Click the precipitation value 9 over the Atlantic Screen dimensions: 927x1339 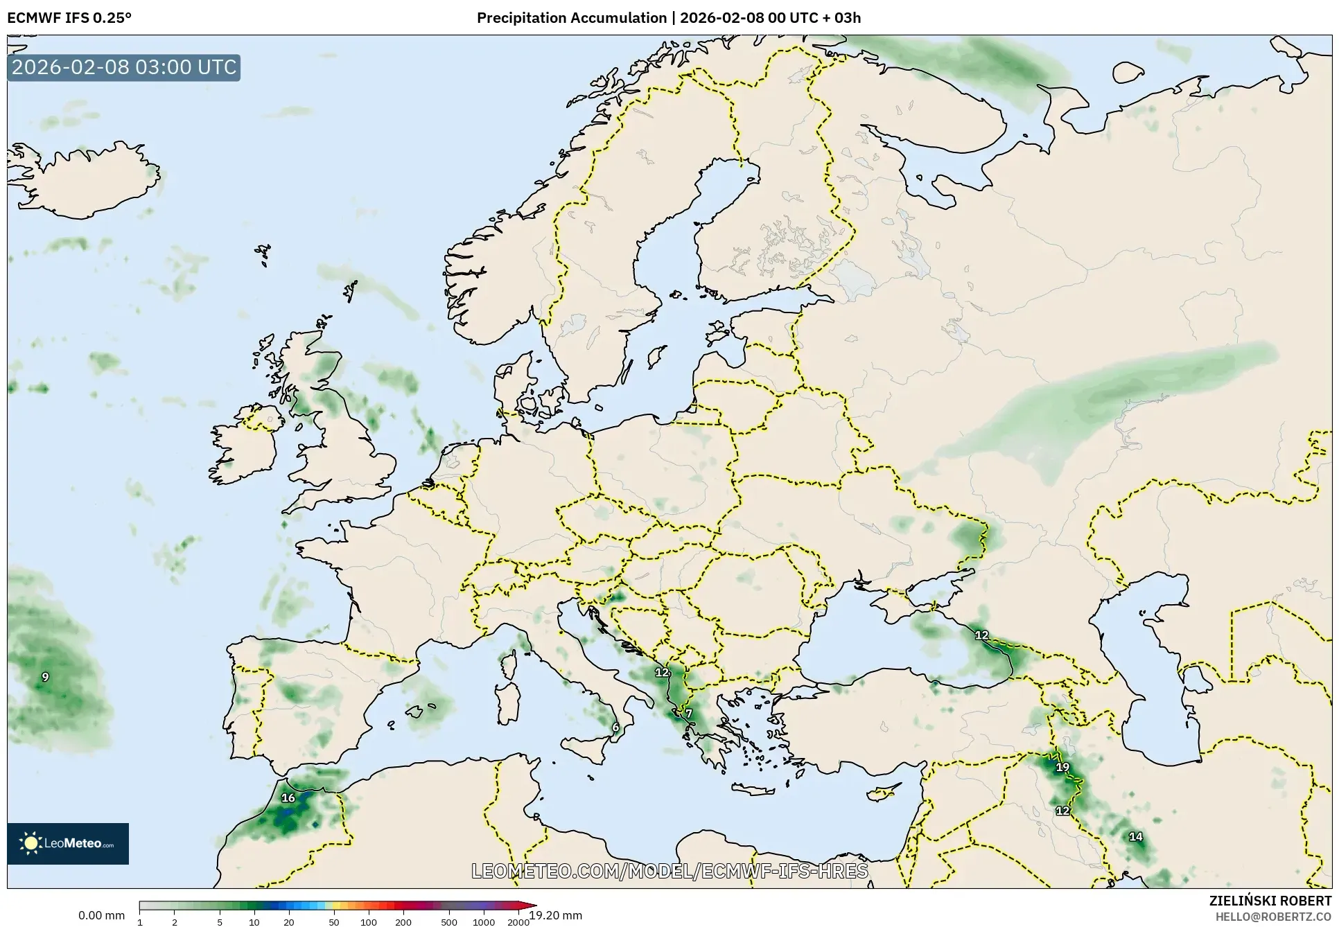pos(45,677)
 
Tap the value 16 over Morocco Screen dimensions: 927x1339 pos(288,798)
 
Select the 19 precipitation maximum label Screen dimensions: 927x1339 pos(1062,767)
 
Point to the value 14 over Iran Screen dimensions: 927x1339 pos(1136,837)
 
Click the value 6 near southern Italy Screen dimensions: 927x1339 pos(615,727)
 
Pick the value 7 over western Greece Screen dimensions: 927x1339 pos(688,714)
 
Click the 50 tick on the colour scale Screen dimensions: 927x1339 pos(334,921)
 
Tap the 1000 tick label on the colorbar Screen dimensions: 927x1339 pos(484,921)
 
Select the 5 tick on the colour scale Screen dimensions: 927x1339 pos(220,921)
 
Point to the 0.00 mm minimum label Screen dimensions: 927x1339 pos(101,916)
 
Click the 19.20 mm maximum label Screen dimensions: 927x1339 pos(555,916)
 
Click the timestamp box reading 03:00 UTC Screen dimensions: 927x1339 pos(124,68)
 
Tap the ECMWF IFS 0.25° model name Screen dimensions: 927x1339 pos(69,18)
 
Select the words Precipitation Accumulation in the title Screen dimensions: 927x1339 pos(572,18)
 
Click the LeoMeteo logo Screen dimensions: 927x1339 pos(68,843)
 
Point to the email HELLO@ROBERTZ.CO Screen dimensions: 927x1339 pos(1273,917)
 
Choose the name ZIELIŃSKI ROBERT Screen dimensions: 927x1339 pos(1270,901)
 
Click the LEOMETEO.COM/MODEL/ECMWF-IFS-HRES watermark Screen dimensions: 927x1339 pos(669,871)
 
